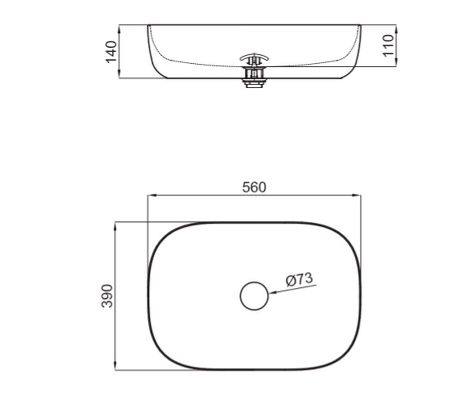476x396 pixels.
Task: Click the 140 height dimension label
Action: tap(111, 52)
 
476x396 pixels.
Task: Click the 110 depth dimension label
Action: tap(388, 46)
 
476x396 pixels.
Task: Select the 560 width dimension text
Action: tap(254, 187)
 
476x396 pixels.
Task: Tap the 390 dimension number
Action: tap(107, 296)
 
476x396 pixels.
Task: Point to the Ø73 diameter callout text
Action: tap(299, 280)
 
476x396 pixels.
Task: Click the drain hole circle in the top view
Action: tap(254, 296)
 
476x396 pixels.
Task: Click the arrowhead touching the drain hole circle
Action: tap(273, 293)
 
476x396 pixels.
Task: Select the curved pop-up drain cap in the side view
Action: tap(254, 57)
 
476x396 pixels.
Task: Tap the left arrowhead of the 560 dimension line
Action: tap(152, 195)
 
